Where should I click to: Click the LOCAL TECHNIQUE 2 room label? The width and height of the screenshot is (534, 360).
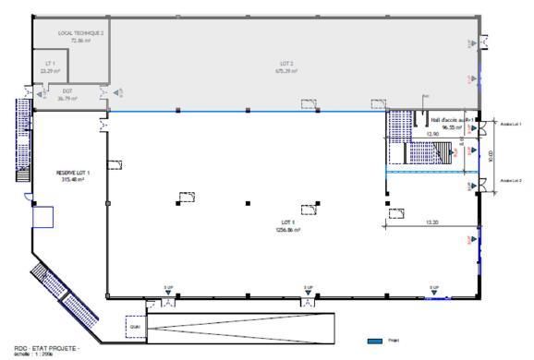coord(81,32)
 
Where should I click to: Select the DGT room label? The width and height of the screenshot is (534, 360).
coord(67,90)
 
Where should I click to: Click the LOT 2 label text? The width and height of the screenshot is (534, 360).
coord(285,64)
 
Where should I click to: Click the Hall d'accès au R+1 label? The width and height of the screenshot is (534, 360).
coord(451,118)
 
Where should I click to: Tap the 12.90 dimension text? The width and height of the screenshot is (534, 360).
coord(431,135)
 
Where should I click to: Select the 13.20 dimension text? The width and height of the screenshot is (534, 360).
coord(431,222)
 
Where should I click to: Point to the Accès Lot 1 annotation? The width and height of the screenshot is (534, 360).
coord(511,123)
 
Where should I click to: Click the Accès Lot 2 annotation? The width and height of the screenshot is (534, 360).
coord(511,181)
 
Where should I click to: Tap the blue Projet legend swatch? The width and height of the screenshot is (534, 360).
coord(375,339)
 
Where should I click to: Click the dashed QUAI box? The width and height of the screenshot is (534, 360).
coord(135,325)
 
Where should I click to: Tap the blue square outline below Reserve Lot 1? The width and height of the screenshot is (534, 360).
coord(42,217)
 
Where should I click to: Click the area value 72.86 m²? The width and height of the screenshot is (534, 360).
coord(81,41)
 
